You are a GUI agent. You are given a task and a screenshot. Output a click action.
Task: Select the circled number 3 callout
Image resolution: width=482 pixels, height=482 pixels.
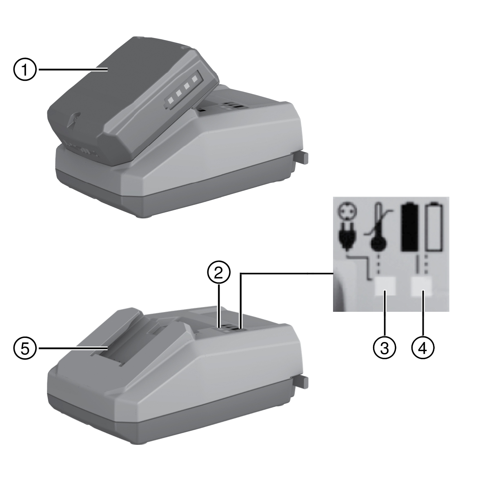[x=384, y=348]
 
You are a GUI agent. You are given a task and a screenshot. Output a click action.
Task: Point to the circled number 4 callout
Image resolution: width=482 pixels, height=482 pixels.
[x=423, y=348]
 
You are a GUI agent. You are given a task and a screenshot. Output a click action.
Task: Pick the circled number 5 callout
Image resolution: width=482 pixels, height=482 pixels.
[x=24, y=348]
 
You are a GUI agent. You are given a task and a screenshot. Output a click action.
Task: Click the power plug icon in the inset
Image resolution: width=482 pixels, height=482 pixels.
[x=346, y=237]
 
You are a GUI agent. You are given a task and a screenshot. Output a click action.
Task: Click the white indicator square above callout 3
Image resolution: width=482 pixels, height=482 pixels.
[x=385, y=286]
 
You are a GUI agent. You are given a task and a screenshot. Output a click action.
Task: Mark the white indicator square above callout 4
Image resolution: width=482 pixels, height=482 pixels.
[x=422, y=286]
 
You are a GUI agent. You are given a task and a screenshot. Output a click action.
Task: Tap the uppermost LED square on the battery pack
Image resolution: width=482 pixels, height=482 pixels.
[x=194, y=79]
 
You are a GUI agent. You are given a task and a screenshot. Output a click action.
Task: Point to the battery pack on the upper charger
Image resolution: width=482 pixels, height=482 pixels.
[x=132, y=102]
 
